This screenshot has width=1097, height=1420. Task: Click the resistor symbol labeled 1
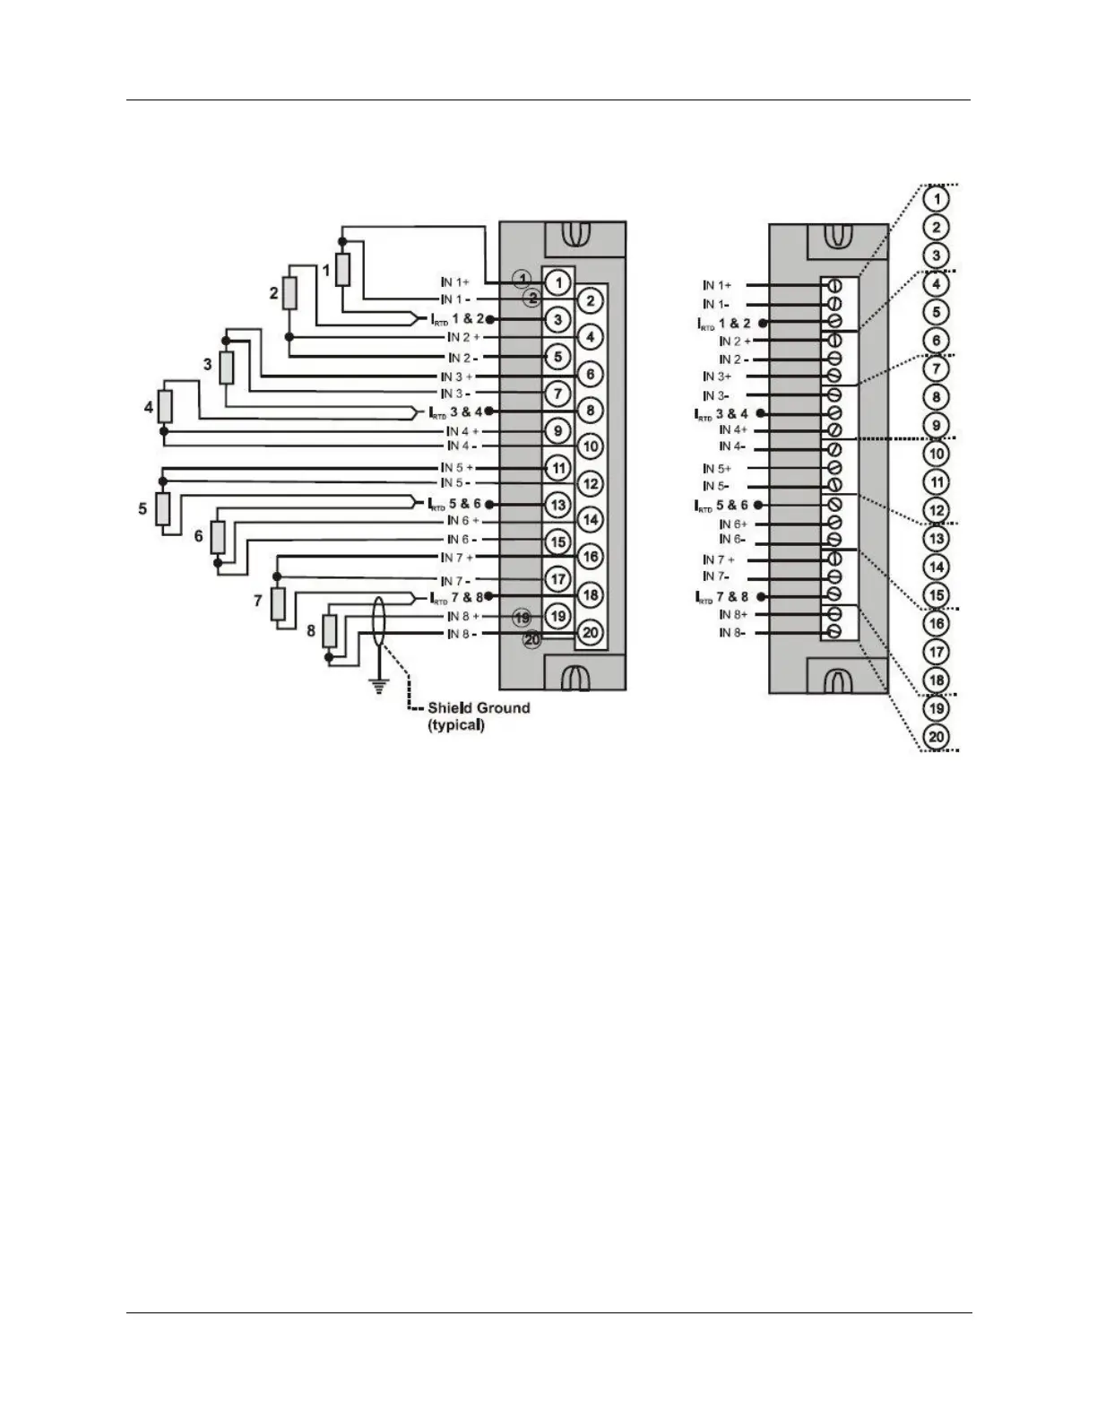tap(342, 270)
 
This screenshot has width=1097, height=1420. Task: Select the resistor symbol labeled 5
tap(163, 508)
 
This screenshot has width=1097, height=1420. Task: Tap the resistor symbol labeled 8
tap(329, 631)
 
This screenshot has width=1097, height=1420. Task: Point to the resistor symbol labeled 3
tap(226, 367)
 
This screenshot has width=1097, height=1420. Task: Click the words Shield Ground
tap(478, 707)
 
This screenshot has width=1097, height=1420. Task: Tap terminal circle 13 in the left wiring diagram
tap(557, 505)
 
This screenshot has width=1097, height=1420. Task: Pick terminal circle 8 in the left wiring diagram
tap(590, 411)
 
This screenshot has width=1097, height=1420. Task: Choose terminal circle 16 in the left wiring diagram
tap(590, 557)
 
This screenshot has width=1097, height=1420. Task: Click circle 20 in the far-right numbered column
tap(936, 737)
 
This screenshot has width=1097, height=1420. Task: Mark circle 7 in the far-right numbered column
tap(936, 368)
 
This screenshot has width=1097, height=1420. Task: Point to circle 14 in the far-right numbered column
tap(936, 567)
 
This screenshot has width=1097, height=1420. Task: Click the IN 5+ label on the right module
tap(717, 469)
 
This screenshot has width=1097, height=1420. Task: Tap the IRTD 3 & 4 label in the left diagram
tap(455, 412)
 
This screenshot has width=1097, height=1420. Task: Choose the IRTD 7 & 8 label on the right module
tap(722, 596)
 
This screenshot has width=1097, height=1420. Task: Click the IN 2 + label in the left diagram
tap(462, 337)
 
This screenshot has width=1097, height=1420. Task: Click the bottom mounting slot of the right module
tap(835, 676)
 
